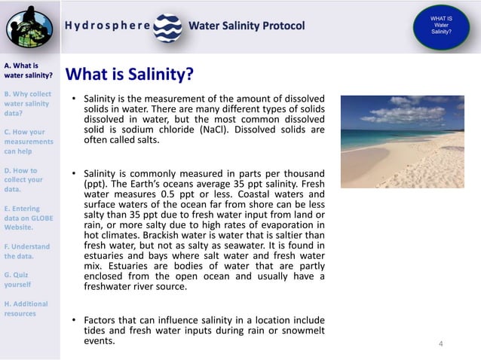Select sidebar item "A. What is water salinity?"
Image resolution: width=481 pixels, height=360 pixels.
click(28, 70)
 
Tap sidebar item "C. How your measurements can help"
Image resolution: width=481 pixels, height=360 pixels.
click(29, 141)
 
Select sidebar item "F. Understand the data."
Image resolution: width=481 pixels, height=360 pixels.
click(27, 251)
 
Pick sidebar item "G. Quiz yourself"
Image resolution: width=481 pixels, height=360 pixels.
click(18, 279)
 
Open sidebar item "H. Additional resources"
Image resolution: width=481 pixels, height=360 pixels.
click(26, 308)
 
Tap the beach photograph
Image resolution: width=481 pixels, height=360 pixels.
click(401, 142)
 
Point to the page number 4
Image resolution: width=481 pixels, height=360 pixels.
click(441, 344)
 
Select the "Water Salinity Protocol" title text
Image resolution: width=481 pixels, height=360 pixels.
click(247, 26)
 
